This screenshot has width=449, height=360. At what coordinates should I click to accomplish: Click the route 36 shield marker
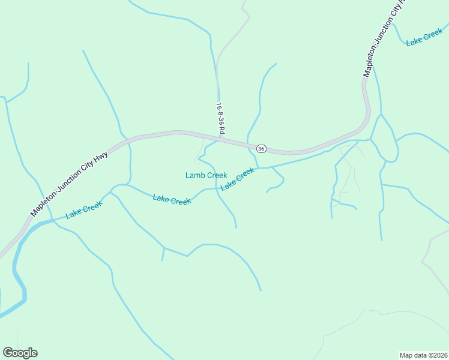click(x=261, y=148)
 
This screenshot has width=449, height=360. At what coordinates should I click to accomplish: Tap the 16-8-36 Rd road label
click(x=220, y=118)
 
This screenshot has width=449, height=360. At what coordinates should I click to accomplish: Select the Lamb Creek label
click(x=206, y=175)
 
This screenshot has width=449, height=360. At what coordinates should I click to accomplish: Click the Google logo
click(x=20, y=353)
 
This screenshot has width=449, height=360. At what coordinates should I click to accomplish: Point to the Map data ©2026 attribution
click(x=423, y=355)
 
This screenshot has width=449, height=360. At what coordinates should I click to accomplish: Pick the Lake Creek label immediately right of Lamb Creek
click(x=237, y=179)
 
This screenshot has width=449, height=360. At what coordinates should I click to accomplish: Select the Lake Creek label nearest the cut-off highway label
click(x=424, y=38)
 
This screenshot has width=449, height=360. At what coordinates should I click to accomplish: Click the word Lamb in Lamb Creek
click(x=194, y=175)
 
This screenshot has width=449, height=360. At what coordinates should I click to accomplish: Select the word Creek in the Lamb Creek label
click(x=217, y=175)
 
